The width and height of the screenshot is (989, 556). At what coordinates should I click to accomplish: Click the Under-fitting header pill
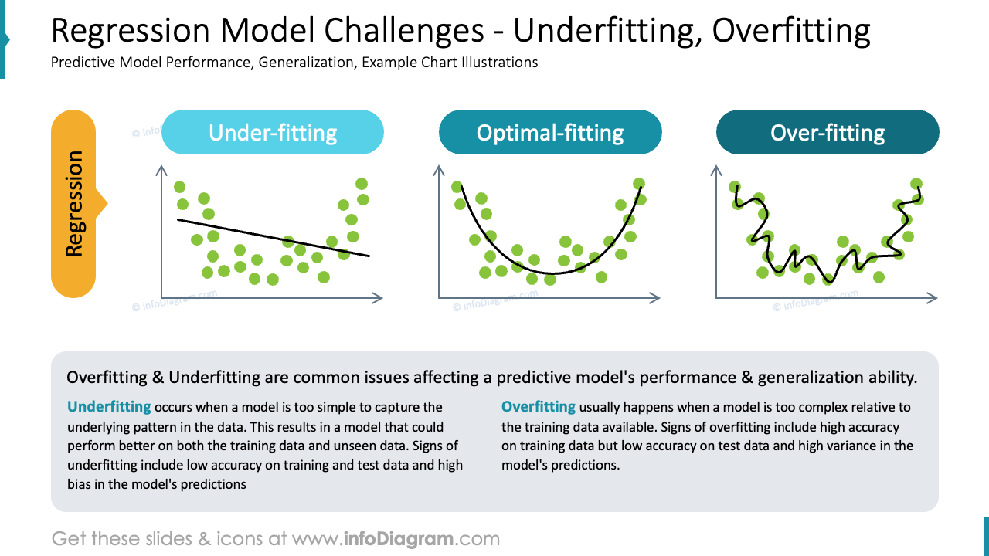[x=272, y=132]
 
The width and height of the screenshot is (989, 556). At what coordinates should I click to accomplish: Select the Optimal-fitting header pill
[x=549, y=132]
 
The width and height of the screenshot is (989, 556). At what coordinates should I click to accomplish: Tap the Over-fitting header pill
[x=827, y=132]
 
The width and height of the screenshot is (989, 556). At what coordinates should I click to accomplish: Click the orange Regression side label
[x=73, y=204]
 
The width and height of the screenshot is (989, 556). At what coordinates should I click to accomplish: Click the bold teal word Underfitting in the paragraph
[x=109, y=406]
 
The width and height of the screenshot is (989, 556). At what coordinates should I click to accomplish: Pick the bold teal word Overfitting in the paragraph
[x=539, y=406]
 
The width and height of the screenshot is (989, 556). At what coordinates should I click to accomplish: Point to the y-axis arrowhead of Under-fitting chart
[x=161, y=169]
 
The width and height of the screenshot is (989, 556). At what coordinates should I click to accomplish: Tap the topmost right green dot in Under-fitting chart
[x=362, y=184]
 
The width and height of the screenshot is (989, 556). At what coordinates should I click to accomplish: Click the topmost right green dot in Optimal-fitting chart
[x=638, y=184]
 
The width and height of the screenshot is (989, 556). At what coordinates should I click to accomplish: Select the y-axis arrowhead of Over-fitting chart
[x=716, y=169]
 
